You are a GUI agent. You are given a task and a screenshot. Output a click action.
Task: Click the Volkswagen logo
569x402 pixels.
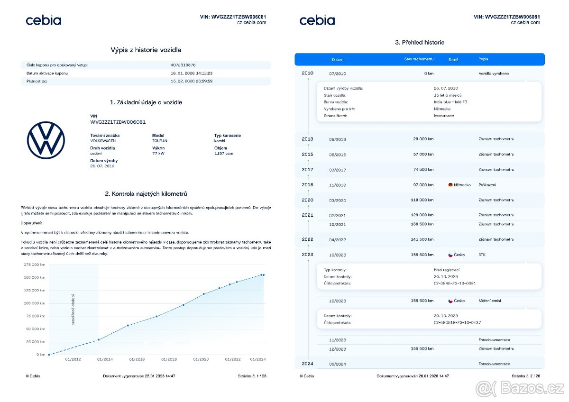coord(46,140)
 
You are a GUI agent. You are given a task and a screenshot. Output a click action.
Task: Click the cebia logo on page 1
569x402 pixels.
coord(43,20)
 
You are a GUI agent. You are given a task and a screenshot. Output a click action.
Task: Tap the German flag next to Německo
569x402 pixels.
coord(450,185)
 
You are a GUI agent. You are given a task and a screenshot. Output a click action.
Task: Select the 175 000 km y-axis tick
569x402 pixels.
coord(34,265)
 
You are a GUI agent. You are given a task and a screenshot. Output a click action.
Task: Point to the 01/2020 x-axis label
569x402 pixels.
coord(201,359)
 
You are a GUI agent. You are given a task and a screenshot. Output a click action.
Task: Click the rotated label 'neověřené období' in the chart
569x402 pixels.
coord(73,310)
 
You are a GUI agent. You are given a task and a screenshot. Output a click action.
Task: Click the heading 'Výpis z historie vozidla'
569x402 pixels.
coord(146,50)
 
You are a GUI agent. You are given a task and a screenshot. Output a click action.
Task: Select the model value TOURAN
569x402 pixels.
coord(160,141)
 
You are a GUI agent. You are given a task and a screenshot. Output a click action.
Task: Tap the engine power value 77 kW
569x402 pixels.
coord(158,154)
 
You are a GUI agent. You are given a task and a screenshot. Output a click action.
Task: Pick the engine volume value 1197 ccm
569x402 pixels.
coord(224,154)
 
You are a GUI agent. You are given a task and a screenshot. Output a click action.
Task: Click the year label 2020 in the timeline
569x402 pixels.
coord(307,200)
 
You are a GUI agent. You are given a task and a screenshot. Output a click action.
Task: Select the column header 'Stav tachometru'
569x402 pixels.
coord(416,59)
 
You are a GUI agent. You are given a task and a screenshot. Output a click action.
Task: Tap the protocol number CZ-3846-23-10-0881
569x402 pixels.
coord(454,283)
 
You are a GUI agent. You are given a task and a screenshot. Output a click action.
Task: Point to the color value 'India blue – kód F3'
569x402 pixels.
coord(450,102)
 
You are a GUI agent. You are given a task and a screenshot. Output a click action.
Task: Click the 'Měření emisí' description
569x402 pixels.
coord(490,301)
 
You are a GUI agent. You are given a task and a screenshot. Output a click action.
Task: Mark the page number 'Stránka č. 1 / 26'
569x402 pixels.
coord(252,376)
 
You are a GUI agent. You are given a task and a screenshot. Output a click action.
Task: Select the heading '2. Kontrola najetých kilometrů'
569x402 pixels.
coord(146,194)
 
